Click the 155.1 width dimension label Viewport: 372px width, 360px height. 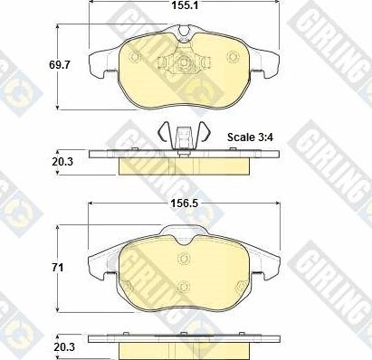(185, 5)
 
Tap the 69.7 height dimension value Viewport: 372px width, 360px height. (59, 64)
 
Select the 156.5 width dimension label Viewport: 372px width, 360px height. (185, 204)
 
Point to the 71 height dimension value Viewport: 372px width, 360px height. (58, 268)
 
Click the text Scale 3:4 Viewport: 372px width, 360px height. (250, 137)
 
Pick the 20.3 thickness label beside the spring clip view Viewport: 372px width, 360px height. (62, 162)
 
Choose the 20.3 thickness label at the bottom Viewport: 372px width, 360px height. (64, 346)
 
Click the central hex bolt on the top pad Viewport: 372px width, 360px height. (183, 62)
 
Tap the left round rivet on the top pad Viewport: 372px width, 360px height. (135, 56)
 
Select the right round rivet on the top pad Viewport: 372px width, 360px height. (232, 56)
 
